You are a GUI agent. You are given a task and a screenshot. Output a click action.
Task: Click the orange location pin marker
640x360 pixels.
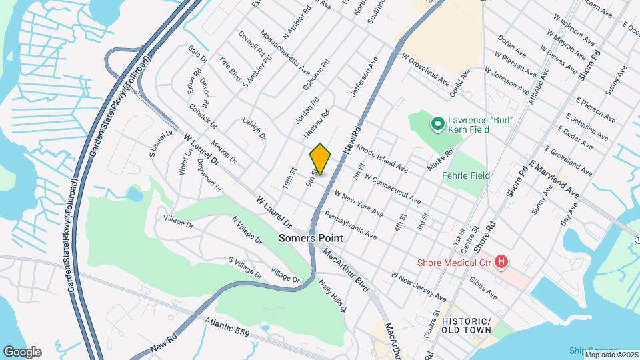pos(320,159)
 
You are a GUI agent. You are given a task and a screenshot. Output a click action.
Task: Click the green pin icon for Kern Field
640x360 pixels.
pos(437,123)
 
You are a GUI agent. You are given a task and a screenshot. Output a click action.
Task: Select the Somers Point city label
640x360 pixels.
pos(311,238)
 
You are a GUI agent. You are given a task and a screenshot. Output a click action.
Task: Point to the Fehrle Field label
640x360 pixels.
pos(467,175)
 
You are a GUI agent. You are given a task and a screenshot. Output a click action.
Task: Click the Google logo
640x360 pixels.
pos(22,351)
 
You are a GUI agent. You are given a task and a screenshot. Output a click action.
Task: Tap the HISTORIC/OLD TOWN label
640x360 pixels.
pos(466,325)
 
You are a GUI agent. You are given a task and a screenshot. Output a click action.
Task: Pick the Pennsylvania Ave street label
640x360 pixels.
pos(351,226)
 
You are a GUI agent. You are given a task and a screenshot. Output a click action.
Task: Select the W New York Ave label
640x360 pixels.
pos(359,204)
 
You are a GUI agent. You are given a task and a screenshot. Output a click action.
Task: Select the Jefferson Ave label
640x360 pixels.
pos(365,76)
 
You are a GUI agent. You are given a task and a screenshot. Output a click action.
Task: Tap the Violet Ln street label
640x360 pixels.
pos(187,162)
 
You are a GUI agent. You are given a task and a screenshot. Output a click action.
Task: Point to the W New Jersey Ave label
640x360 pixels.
pos(419,285)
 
